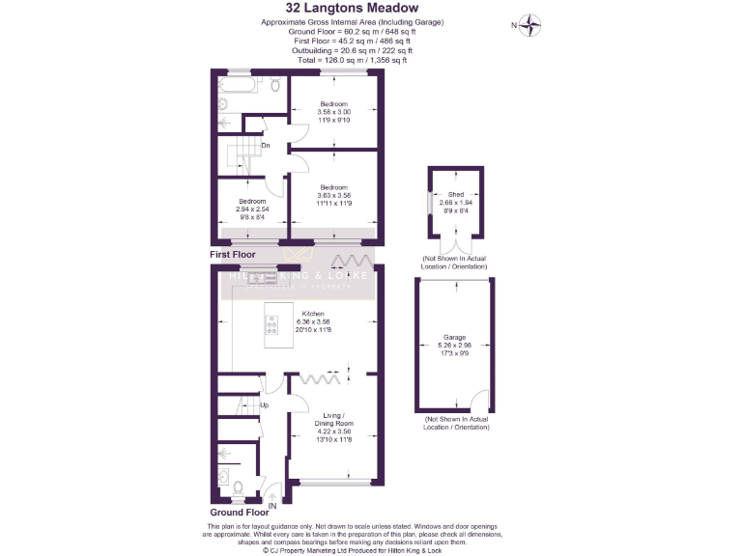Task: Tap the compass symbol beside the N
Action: click(x=530, y=25)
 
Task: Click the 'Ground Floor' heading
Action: click(x=239, y=513)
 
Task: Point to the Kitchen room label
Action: click(x=313, y=315)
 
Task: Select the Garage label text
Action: click(x=454, y=338)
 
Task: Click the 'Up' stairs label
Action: click(x=264, y=404)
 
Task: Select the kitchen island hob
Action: click(x=272, y=327)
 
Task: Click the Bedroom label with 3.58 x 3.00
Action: click(x=334, y=104)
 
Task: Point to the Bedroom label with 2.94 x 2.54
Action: click(x=250, y=202)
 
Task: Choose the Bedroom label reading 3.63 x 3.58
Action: click(x=334, y=187)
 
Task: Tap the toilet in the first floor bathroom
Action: click(x=275, y=85)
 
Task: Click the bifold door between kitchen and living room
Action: click(x=319, y=378)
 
